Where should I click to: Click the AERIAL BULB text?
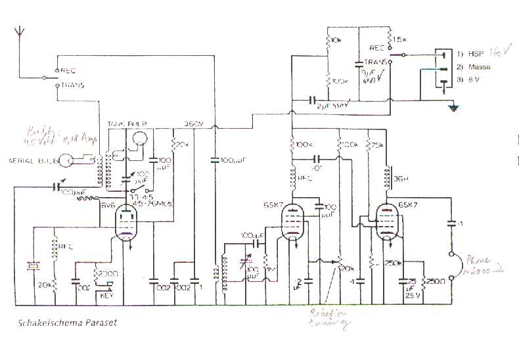point(31,160)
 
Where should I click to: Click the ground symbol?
point(451,108)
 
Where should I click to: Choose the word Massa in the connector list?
point(478,68)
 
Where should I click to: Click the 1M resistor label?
point(270,268)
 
